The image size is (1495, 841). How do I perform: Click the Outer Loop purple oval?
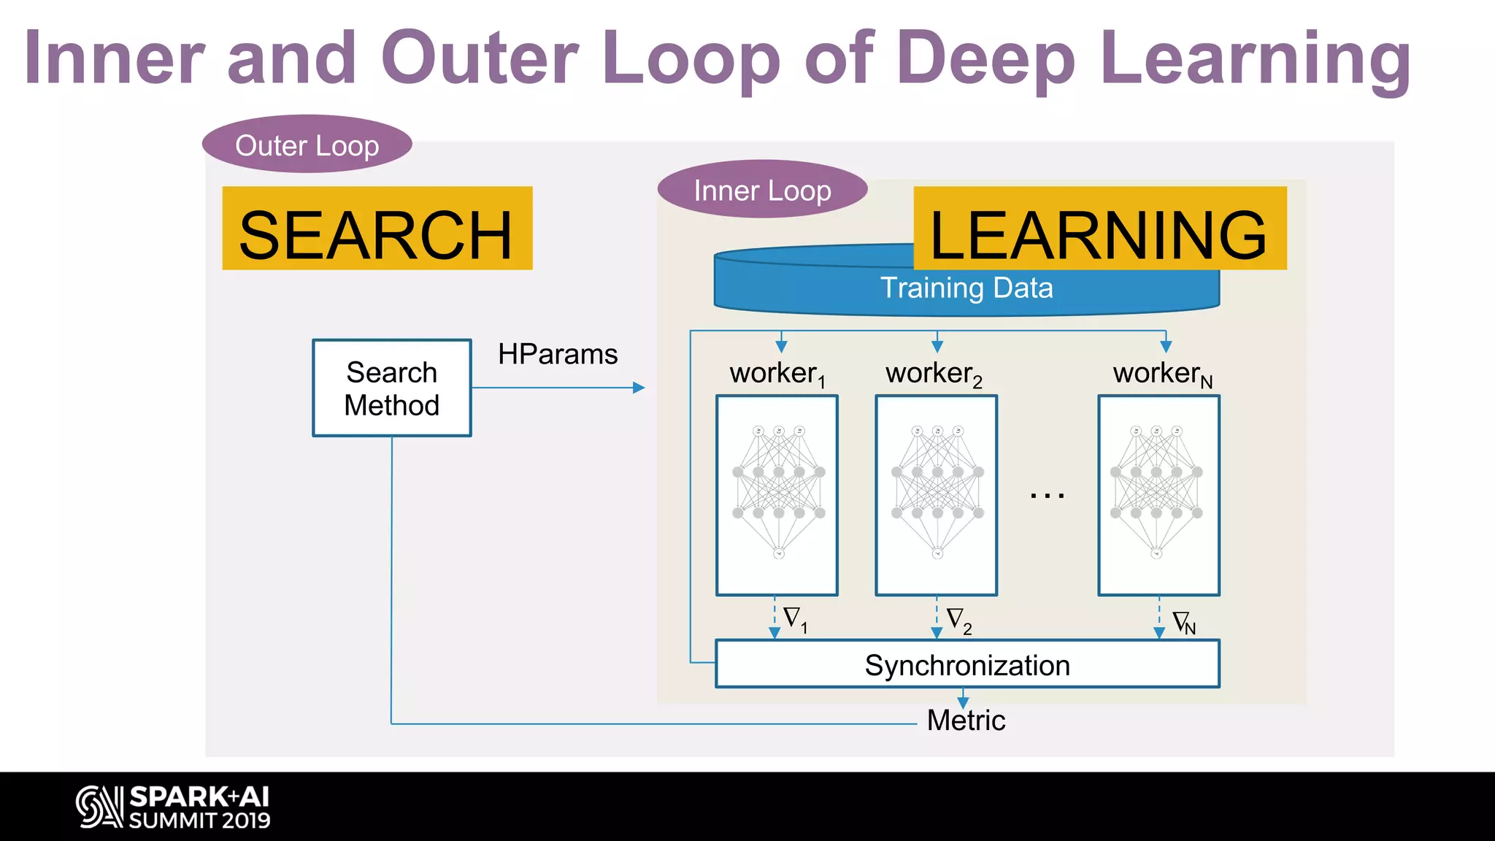pyautogui.click(x=307, y=145)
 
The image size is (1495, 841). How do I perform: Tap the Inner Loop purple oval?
pyautogui.click(x=761, y=190)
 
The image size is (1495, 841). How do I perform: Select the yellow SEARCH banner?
pyautogui.click(x=377, y=229)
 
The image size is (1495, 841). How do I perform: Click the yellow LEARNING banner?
pyautogui.click(x=1099, y=229)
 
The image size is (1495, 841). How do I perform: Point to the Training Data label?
pyautogui.click(x=966, y=288)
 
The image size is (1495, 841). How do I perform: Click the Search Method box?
pyautogui.click(x=392, y=388)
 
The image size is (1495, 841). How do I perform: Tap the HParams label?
pyautogui.click(x=558, y=354)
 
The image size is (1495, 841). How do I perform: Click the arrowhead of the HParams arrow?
pyautogui.click(x=639, y=388)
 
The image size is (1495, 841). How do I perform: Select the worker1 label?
pyautogui.click(x=777, y=374)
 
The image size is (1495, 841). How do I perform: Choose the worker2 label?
pyautogui.click(x=934, y=374)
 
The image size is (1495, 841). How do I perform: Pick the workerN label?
pyautogui.click(x=1161, y=374)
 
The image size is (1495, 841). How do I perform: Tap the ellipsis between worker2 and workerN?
pyautogui.click(x=1047, y=496)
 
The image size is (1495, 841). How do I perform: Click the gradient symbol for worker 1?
pyautogui.click(x=794, y=619)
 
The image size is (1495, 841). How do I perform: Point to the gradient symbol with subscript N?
pyautogui.click(x=1183, y=623)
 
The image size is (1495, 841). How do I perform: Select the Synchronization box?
pyautogui.click(x=967, y=664)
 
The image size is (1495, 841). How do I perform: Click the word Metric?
pyautogui.click(x=966, y=721)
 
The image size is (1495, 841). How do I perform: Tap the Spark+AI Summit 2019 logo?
pyautogui.click(x=174, y=807)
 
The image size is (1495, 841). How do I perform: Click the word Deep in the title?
pyautogui.click(x=985, y=58)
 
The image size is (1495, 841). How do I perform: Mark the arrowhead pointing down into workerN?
pyautogui.click(x=1166, y=347)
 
